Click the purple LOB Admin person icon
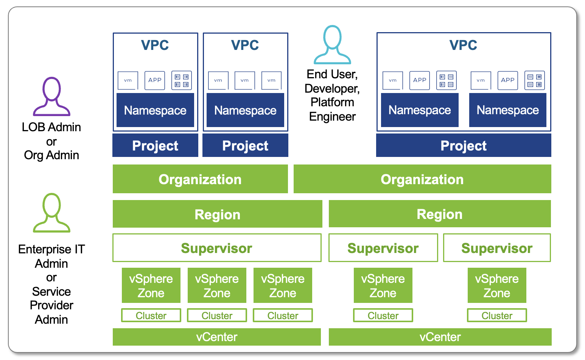coord(51,96)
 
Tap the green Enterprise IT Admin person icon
coord(51,213)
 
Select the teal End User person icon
coord(332,45)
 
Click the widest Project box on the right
coord(463,146)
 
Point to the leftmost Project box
coord(155,146)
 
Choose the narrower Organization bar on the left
coord(200,179)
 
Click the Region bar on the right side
coord(440,214)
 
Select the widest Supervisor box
coord(217,248)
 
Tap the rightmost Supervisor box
coord(496,248)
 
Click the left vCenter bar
coord(217,337)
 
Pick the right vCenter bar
coord(440,337)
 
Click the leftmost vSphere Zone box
coord(151,286)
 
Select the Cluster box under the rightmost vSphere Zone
coord(496,315)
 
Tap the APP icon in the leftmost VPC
coord(155,80)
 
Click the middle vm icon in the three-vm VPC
coord(244,80)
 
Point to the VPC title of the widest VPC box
coord(463,45)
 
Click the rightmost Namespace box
coord(507,110)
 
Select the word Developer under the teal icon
coord(331,88)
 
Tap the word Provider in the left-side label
coord(51,305)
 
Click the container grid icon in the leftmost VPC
coord(182,80)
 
